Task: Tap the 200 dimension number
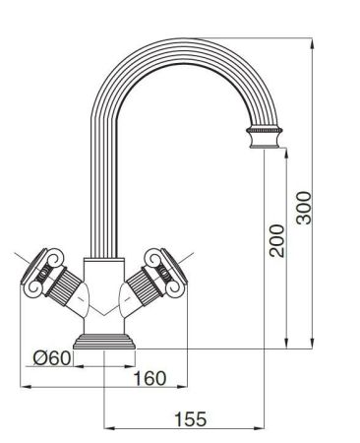coord(276,239)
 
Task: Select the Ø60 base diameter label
coord(51,357)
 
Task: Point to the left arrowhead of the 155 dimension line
coord(107,428)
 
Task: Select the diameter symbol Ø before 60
coord(39,357)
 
